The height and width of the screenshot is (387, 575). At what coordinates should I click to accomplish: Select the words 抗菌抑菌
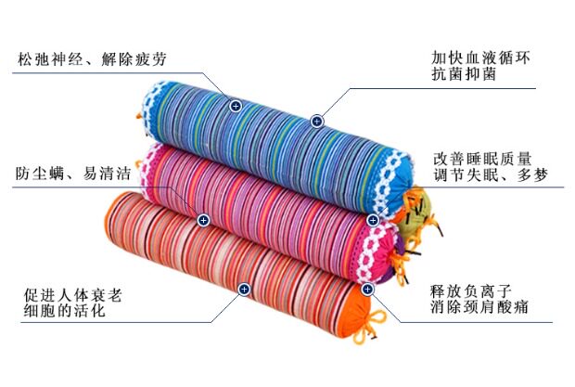tap(464, 75)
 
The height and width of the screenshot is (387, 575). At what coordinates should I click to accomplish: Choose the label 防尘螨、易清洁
tap(71, 174)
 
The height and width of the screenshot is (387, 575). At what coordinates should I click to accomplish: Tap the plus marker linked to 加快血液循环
tap(316, 121)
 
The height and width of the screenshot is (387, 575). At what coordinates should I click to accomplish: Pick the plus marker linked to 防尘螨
tap(202, 220)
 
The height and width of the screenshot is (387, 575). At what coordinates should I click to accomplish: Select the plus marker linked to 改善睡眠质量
tap(373, 220)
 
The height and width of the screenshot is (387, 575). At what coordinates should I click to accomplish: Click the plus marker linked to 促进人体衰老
tap(243, 290)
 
